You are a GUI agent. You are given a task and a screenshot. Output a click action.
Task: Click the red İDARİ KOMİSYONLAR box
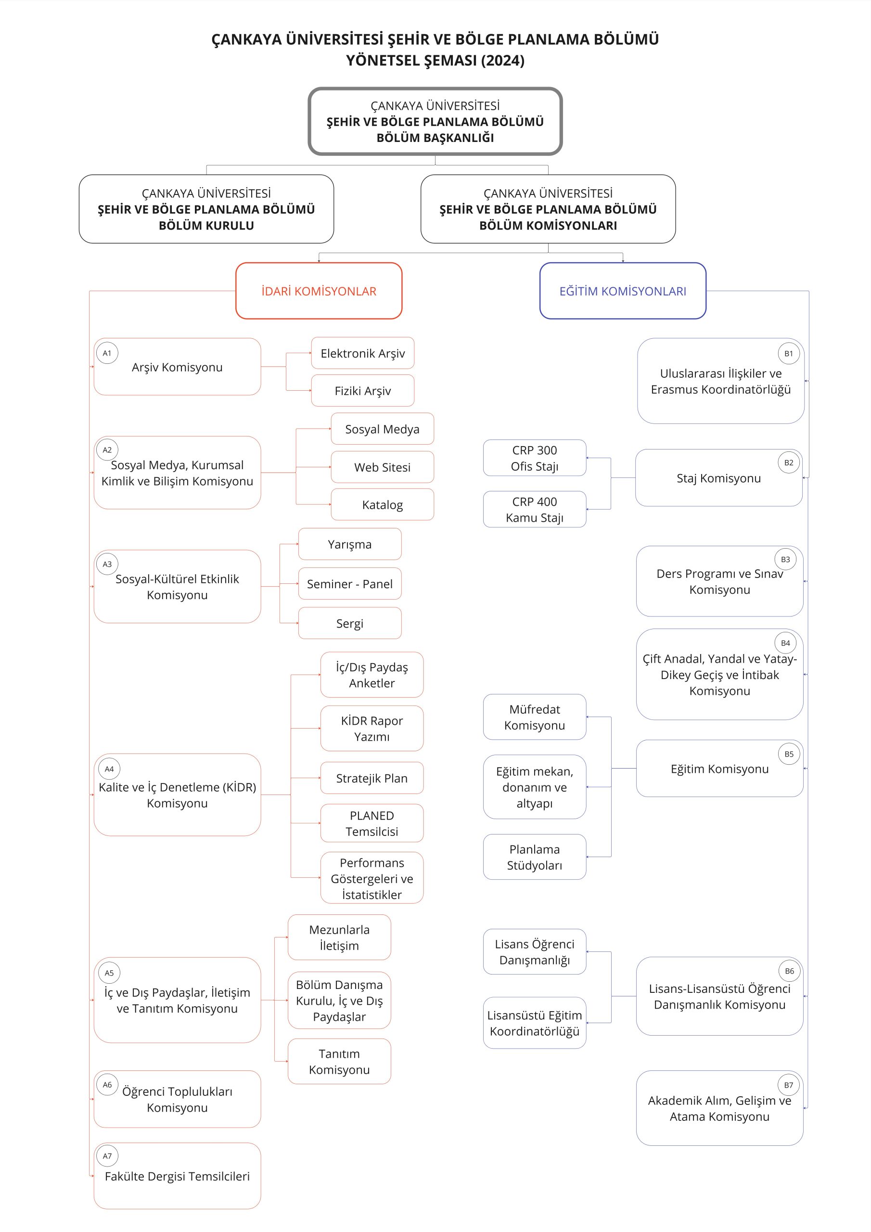click(319, 291)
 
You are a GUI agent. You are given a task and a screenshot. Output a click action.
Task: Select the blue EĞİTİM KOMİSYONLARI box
click(623, 291)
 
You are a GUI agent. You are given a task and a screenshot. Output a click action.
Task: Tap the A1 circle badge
click(107, 353)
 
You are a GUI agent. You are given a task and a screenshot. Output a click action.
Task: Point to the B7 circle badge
click(788, 1085)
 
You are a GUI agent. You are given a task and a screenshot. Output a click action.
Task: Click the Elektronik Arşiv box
click(363, 353)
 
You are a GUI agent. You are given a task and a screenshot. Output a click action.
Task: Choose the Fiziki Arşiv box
click(363, 391)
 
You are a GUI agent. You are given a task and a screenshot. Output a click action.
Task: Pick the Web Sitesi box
click(382, 467)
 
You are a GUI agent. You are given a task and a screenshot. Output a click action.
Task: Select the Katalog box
click(382, 504)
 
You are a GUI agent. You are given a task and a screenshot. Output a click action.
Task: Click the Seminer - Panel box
click(350, 584)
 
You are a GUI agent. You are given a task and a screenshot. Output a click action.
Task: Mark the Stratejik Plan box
click(372, 778)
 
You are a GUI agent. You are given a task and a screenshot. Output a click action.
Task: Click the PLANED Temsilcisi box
click(372, 823)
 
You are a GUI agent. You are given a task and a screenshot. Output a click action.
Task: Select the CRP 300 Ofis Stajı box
click(535, 458)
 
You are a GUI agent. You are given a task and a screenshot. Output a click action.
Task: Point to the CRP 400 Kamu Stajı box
click(535, 509)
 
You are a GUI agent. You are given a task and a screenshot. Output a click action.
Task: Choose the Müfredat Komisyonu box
click(535, 717)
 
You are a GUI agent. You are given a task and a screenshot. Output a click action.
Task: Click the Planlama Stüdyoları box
click(535, 857)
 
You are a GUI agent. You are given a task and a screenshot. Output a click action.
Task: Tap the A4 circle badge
click(109, 769)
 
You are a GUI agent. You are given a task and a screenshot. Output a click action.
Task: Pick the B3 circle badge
click(785, 559)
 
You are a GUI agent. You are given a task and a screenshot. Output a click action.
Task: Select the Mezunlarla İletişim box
click(339, 937)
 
